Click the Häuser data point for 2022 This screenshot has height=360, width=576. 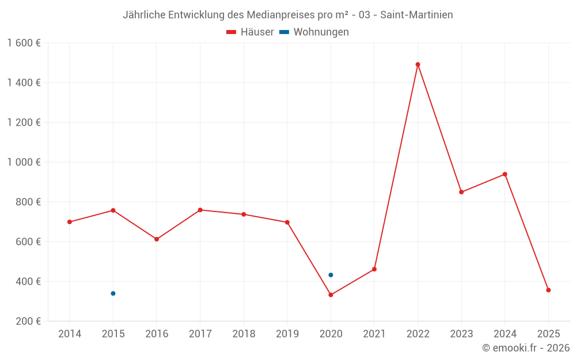[418, 65]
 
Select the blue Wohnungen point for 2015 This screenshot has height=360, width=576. [113, 294]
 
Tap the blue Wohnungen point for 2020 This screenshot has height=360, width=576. [331, 275]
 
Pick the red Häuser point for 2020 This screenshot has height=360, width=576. [331, 295]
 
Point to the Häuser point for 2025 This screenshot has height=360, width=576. [548, 290]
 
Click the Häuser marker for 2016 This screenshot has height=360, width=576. [157, 239]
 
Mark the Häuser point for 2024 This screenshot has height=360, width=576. [505, 174]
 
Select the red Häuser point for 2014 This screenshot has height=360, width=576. [70, 222]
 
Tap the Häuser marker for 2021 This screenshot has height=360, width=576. [374, 269]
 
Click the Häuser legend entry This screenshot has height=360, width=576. [250, 32]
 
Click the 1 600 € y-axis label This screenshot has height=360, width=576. [24, 43]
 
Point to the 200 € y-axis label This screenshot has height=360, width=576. [28, 321]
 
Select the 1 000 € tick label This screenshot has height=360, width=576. [24, 162]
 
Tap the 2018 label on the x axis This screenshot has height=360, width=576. [244, 334]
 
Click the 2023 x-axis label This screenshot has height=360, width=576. [461, 334]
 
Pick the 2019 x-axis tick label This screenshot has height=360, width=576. [287, 334]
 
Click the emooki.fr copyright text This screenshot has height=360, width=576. [526, 348]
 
